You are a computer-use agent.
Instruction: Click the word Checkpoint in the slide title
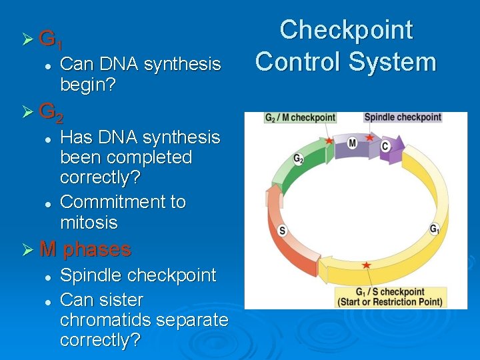[x=346, y=31]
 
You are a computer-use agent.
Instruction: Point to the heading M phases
[x=85, y=249]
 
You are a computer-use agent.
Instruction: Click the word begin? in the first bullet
[x=89, y=85]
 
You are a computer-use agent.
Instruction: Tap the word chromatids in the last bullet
[x=105, y=320]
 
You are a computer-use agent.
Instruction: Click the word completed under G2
[x=126, y=158]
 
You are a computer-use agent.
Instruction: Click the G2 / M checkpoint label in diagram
[x=299, y=118]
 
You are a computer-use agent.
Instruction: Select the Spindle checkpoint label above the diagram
[x=403, y=117]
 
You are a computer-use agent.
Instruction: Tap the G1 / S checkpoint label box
[x=390, y=297]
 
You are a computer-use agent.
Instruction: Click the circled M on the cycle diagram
[x=352, y=143]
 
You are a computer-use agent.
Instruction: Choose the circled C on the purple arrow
[x=385, y=146]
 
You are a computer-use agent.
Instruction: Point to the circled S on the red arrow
[x=282, y=231]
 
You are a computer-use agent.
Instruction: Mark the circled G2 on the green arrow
[x=299, y=159]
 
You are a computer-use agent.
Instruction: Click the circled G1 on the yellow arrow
[x=434, y=229]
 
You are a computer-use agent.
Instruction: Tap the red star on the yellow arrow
[x=366, y=265]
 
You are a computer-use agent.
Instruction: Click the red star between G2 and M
[x=329, y=141]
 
